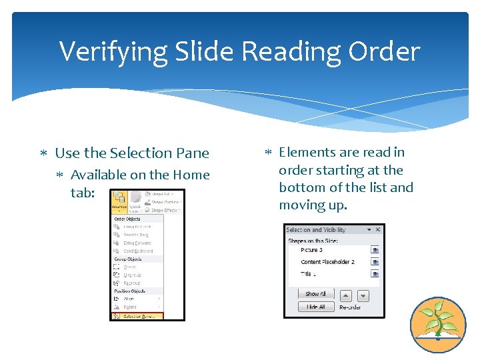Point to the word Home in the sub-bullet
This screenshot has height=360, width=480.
(191, 175)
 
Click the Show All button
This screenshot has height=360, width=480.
(315, 294)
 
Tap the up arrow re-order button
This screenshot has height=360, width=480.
(346, 295)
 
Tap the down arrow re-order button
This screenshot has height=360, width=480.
(363, 295)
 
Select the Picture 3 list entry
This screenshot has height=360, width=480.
(312, 250)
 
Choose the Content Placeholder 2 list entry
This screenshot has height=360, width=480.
(327, 262)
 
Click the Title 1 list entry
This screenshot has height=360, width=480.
(308, 274)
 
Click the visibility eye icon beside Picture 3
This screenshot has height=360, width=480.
(375, 250)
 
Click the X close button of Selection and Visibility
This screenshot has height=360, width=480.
(378, 230)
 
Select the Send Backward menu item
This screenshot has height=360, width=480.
(137, 251)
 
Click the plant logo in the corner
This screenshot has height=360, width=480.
(437, 324)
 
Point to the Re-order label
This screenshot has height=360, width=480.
(350, 307)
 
